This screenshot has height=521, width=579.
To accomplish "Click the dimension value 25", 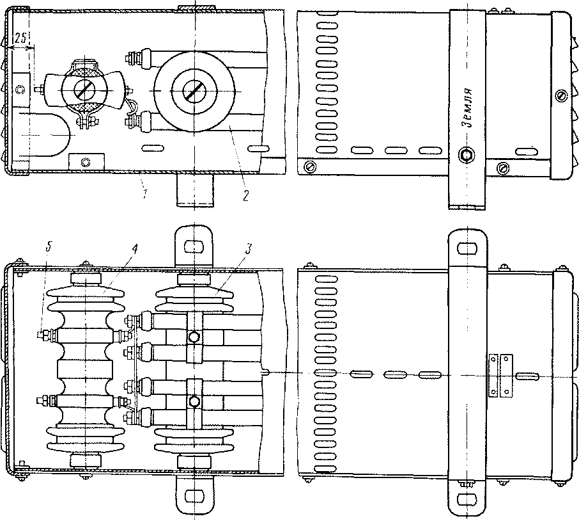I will (21, 40).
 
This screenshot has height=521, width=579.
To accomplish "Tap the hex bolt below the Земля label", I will (467, 155).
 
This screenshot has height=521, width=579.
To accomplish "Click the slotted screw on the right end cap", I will (560, 96).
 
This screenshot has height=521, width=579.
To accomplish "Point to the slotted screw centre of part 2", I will (191, 92).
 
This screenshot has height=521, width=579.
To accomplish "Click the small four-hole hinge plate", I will (498, 375).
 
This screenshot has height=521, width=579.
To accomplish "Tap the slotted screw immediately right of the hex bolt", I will (503, 168).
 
